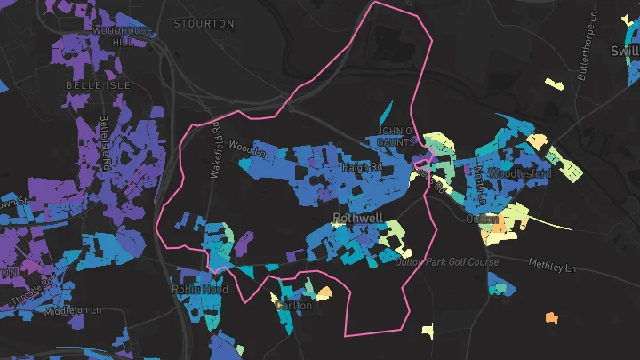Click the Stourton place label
(x=204, y=23)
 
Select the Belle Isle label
(x=98, y=84)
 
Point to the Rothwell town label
(x=356, y=217)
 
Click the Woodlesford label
(x=522, y=173)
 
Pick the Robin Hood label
(x=199, y=290)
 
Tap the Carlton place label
(x=293, y=305)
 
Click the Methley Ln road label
(x=552, y=267)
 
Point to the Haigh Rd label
(x=362, y=166)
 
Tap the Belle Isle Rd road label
(x=105, y=142)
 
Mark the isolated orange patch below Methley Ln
(x=552, y=316)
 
